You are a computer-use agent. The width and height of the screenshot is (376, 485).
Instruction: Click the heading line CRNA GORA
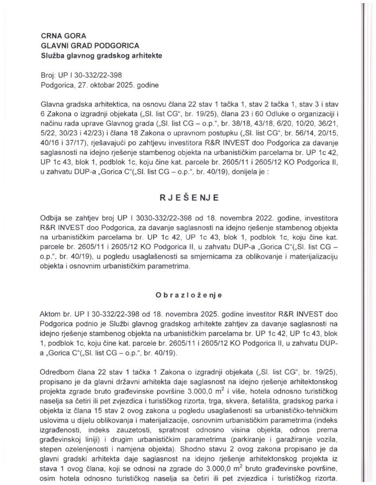[63, 36]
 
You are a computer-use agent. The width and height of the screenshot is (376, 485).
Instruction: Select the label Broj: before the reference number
[48, 75]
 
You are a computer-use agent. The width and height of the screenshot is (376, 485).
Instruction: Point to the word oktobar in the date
[101, 85]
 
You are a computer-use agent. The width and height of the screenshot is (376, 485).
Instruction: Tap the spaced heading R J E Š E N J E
[189, 198]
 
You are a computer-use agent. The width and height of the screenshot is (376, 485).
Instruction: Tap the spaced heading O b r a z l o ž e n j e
[189, 295]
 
